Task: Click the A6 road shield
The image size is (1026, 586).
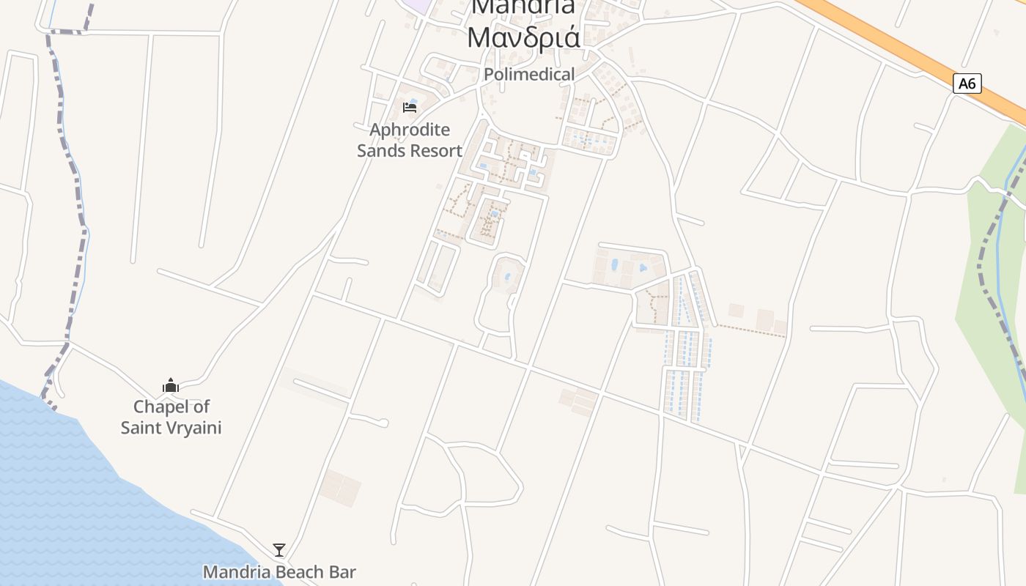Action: click(967, 84)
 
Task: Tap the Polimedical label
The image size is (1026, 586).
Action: click(529, 74)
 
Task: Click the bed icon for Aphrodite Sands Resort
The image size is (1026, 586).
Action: click(410, 108)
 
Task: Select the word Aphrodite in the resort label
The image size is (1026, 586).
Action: click(410, 130)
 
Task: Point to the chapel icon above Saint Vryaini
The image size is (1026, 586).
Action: click(171, 385)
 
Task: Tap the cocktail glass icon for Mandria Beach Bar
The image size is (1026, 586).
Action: click(279, 550)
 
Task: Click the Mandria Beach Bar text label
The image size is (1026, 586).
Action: click(279, 572)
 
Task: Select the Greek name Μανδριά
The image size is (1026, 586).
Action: click(524, 37)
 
